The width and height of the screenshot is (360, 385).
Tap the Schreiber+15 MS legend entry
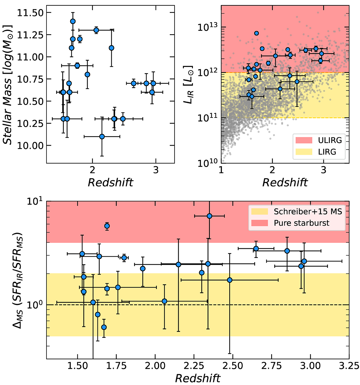pos(308,212)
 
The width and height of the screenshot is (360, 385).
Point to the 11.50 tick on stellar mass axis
pos(31,13)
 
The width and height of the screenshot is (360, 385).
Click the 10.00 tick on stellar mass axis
pos(31,146)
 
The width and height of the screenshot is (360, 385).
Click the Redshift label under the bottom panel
pos(198,378)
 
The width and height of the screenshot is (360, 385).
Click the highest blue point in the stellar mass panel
pos(73,21)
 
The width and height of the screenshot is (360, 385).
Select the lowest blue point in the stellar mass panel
pos(102,136)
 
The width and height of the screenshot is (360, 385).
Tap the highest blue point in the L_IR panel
pos(256,33)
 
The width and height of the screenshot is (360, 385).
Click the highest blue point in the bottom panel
pos(209,216)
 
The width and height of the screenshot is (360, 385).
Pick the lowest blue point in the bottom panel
pos(104,327)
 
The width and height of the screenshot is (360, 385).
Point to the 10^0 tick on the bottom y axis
pos(36,305)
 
